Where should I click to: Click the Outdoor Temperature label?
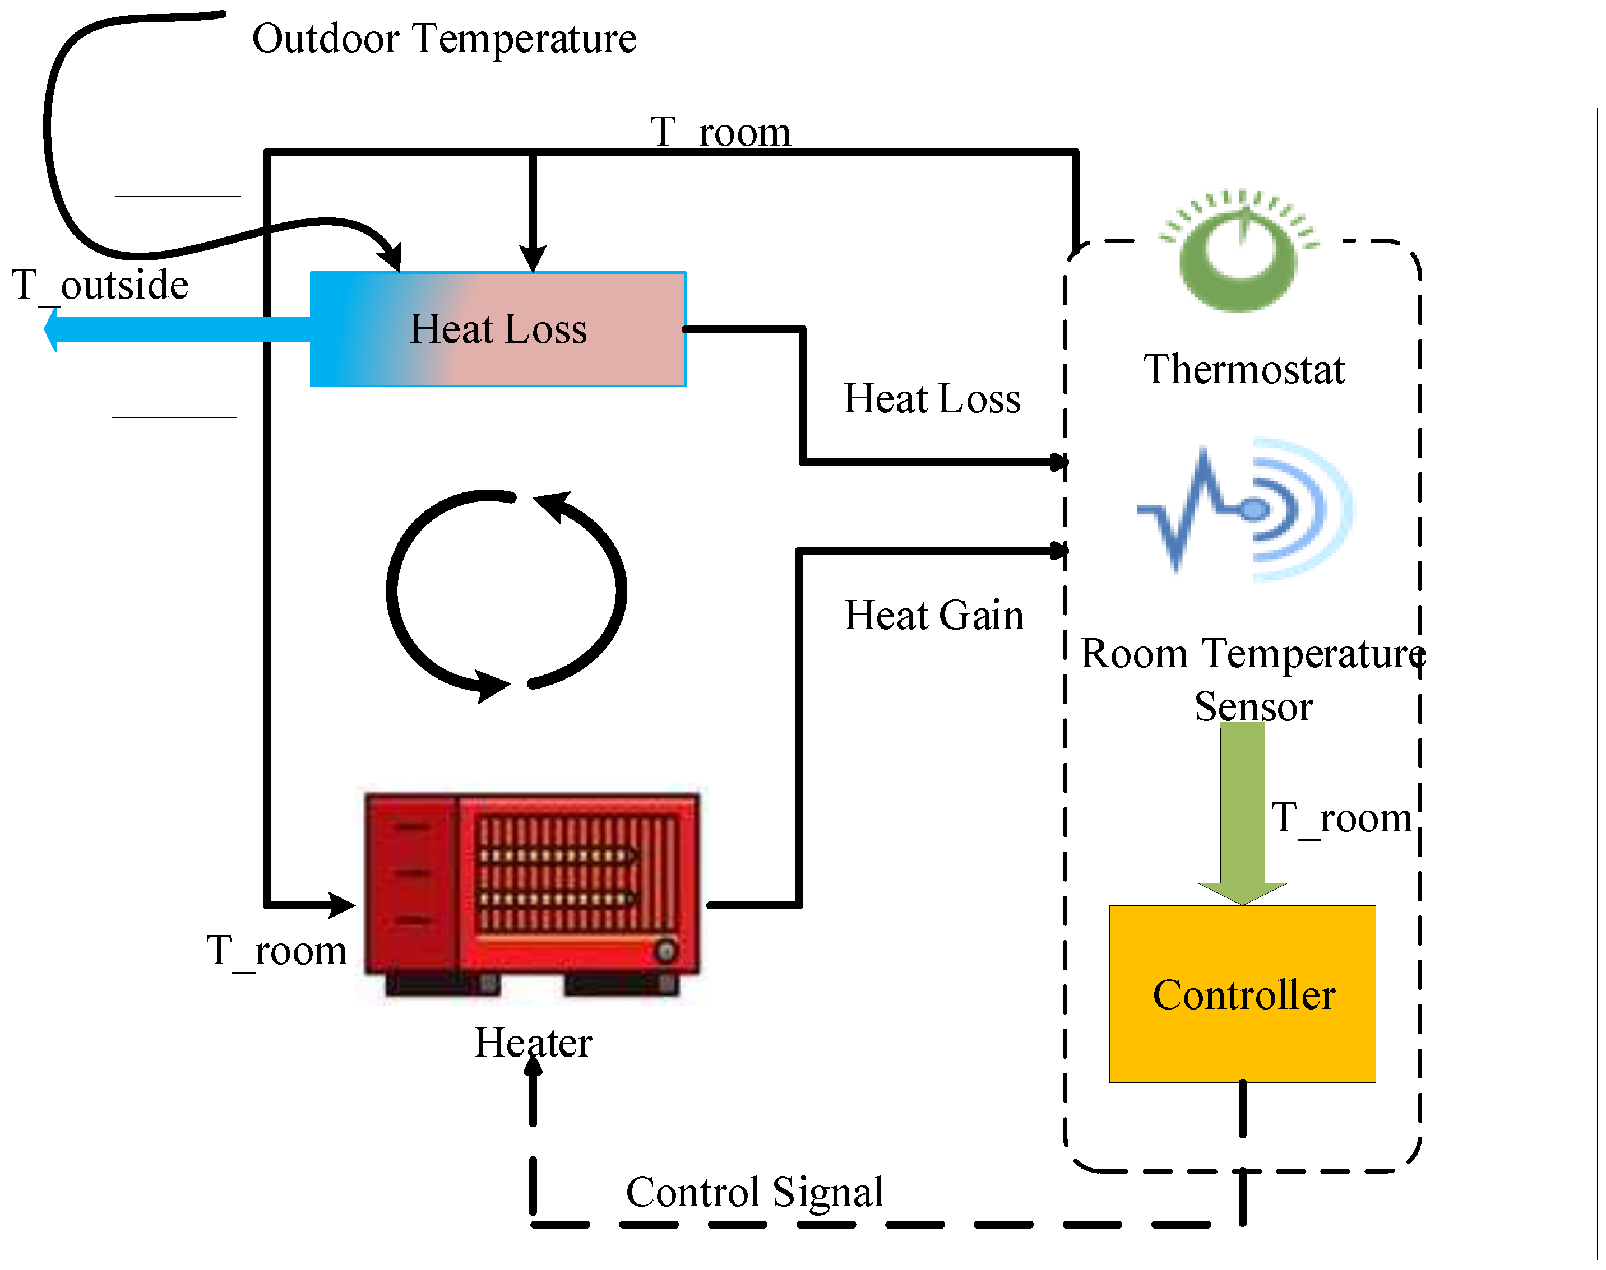[444, 39]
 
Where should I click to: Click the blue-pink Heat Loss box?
[498, 329]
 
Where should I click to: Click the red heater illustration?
[531, 892]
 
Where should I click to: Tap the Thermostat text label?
[1244, 370]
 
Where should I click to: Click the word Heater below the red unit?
[533, 1043]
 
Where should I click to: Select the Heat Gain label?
[933, 616]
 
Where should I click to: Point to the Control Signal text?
[755, 1193]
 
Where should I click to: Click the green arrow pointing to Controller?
[1242, 811]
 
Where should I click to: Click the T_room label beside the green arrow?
[1341, 818]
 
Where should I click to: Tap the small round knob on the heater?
[666, 950]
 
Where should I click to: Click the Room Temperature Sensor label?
[1253, 680]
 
